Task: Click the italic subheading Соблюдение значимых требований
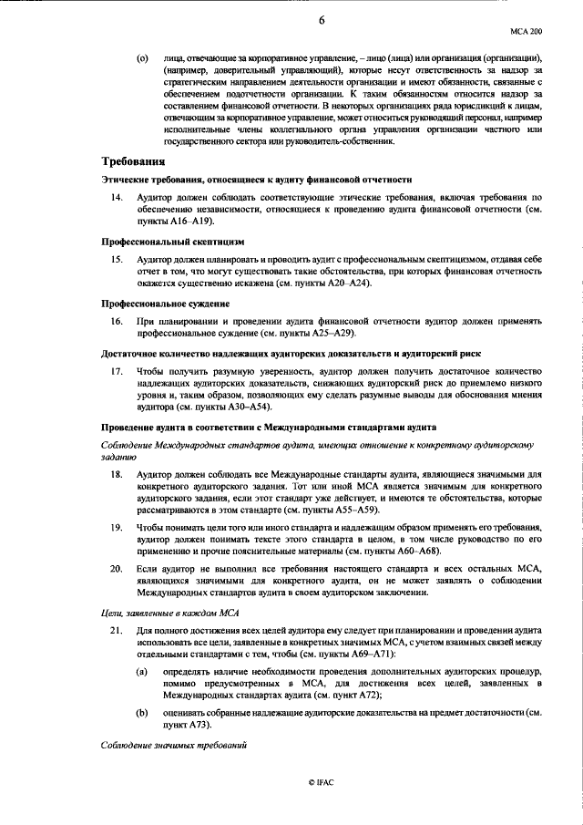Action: [174, 746]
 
